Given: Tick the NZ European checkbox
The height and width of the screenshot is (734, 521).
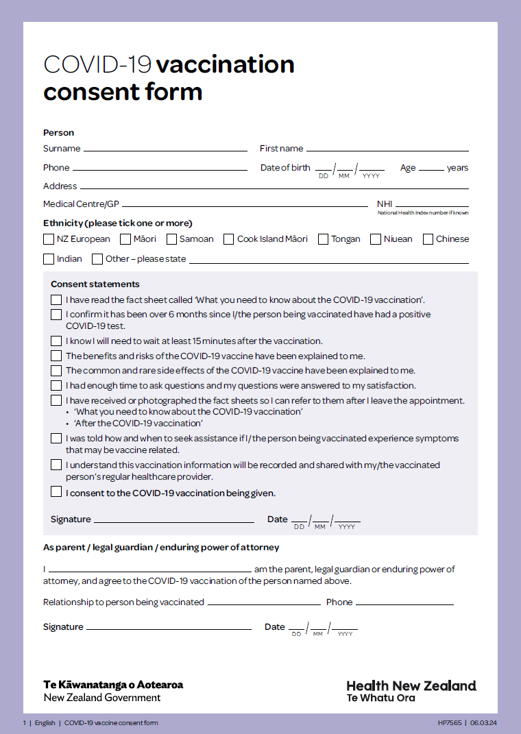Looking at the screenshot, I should click(49, 239).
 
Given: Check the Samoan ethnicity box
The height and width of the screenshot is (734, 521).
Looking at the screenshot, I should click(171, 239).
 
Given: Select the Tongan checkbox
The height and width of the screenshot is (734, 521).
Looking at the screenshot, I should click(323, 239).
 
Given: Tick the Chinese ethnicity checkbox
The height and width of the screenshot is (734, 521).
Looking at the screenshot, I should click(428, 239).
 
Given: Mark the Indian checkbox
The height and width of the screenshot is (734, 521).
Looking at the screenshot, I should click(49, 259).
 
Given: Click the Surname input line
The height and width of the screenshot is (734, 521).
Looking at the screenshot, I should click(165, 149).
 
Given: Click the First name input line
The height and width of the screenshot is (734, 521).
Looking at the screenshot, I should click(387, 149).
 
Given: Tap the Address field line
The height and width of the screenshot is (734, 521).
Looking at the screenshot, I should click(274, 187).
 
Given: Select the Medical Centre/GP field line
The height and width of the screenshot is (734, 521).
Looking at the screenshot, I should click(245, 205).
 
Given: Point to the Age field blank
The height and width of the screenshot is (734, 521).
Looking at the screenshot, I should click(431, 169).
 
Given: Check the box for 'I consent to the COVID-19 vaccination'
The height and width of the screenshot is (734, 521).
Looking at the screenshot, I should click(56, 491).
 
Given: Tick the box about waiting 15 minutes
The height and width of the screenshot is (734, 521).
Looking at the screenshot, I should click(56, 341).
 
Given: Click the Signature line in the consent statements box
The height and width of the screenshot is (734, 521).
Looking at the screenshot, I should click(173, 521).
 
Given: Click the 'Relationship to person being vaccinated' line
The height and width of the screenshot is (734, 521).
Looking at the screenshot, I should click(264, 604).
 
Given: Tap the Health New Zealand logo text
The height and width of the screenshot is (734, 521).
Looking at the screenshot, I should click(411, 686).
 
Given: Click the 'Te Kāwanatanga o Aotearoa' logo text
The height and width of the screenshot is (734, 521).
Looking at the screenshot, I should click(113, 685).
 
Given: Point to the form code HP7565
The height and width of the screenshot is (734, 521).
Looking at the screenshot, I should click(450, 723).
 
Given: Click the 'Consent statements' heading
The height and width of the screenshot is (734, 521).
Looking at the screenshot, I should click(95, 284).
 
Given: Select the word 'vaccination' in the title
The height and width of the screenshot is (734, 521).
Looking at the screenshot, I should click(226, 64).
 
